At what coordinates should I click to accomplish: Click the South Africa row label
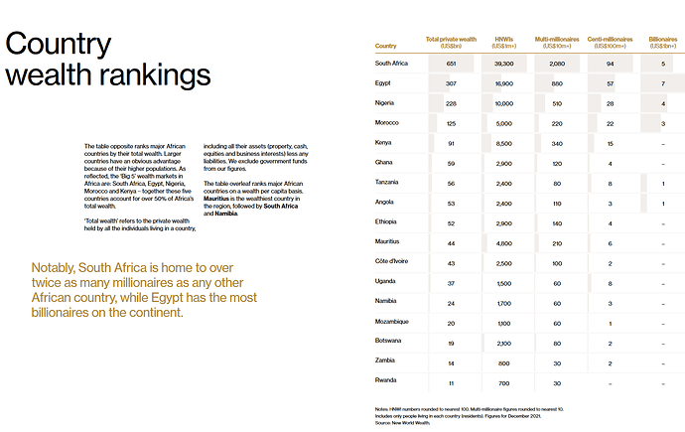click(391, 63)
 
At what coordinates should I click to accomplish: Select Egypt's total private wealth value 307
click(450, 83)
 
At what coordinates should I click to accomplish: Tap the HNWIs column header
click(504, 42)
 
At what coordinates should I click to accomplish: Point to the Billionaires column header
click(662, 42)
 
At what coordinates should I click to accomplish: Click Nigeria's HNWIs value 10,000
click(504, 103)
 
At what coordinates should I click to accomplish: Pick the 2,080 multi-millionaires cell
click(557, 63)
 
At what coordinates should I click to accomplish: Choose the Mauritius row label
click(388, 241)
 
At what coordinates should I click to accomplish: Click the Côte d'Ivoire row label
click(392, 262)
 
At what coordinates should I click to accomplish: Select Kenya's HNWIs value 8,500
click(504, 143)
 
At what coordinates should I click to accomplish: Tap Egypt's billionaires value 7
click(662, 83)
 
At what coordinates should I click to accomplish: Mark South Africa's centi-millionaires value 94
click(610, 63)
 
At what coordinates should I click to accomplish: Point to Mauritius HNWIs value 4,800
click(504, 242)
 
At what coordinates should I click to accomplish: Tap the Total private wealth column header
click(450, 42)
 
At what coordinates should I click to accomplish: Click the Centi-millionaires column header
click(610, 42)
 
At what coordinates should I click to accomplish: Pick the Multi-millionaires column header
click(557, 42)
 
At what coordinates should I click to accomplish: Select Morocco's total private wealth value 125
click(450, 123)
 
